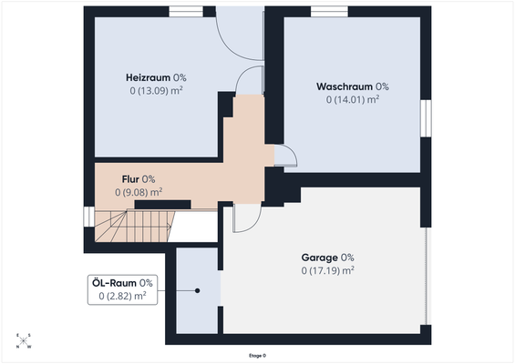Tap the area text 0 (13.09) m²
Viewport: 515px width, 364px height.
point(158,91)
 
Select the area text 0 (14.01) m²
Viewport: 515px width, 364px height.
point(352,100)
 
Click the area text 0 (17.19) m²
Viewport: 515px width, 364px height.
point(327,270)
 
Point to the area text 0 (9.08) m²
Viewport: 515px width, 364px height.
point(139,192)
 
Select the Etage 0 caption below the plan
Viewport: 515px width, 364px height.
point(258,355)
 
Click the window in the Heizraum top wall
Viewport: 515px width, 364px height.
point(186,11)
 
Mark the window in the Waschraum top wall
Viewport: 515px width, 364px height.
point(329,11)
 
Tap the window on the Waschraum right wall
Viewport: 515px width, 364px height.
point(426,117)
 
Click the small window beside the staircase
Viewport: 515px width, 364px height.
point(88,218)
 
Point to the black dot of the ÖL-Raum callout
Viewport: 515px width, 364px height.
point(197,291)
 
